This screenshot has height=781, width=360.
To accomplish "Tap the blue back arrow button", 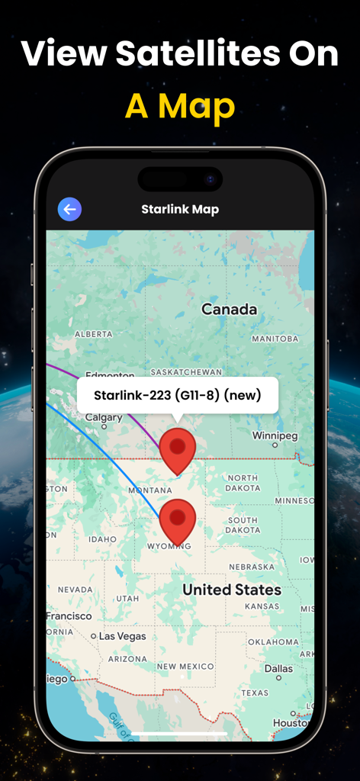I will [70, 209].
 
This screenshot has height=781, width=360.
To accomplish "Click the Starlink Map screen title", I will [180, 209].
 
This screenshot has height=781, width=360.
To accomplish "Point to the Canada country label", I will [229, 309].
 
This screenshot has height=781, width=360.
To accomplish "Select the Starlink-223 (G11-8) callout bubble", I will [177, 395].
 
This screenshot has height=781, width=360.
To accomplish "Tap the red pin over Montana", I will [178, 450].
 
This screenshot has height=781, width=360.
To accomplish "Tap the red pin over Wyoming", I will [178, 520].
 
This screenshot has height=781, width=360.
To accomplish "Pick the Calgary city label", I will [104, 417].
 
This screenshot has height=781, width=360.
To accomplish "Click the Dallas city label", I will [278, 668].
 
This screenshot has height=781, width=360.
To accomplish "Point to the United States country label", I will [232, 590].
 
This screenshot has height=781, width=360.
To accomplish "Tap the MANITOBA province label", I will [274, 339].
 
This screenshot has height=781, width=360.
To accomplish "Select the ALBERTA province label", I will [93, 334].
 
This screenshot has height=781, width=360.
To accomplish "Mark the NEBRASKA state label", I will [251, 567].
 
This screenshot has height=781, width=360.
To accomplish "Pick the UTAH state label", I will [127, 598].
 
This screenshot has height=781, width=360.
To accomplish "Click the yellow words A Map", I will [180, 107].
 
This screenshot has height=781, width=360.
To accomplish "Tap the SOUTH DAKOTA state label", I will [243, 525].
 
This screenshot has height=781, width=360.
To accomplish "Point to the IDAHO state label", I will [102, 539].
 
